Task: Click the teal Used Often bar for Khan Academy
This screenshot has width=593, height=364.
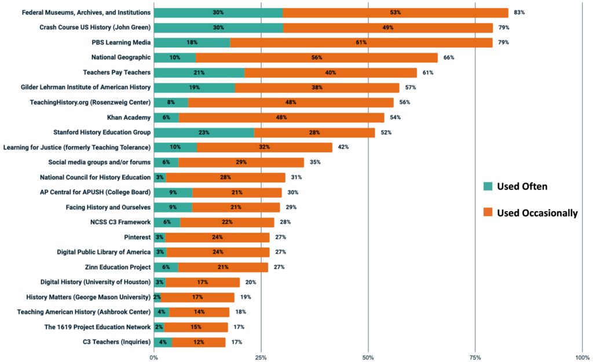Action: click(166, 118)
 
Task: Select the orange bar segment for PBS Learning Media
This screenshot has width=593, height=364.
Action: click(361, 43)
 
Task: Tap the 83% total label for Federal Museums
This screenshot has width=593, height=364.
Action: click(519, 13)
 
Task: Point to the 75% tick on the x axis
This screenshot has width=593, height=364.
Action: click(475, 357)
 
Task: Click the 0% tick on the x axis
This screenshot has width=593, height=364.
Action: click(154, 357)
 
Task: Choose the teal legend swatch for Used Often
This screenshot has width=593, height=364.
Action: click(488, 186)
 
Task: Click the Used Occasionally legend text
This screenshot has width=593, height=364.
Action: click(537, 213)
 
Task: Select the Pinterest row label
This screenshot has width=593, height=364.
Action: click(137, 237)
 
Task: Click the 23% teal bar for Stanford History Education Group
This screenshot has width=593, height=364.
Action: click(204, 132)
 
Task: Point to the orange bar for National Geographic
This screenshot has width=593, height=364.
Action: click(317, 57)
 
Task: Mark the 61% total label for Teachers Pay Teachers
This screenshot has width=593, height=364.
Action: click(427, 72)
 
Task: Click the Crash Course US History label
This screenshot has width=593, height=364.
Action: click(95, 27)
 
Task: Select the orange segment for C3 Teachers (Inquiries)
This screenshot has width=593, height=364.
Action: click(199, 342)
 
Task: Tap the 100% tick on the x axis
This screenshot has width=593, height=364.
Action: click(582, 357)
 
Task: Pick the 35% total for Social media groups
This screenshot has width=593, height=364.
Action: click(314, 162)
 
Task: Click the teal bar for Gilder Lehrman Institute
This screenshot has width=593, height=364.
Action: click(194, 88)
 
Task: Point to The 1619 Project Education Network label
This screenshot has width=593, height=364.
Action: click(97, 327)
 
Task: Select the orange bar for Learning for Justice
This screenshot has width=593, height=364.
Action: click(265, 147)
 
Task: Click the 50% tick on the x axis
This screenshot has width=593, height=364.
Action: click(368, 357)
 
